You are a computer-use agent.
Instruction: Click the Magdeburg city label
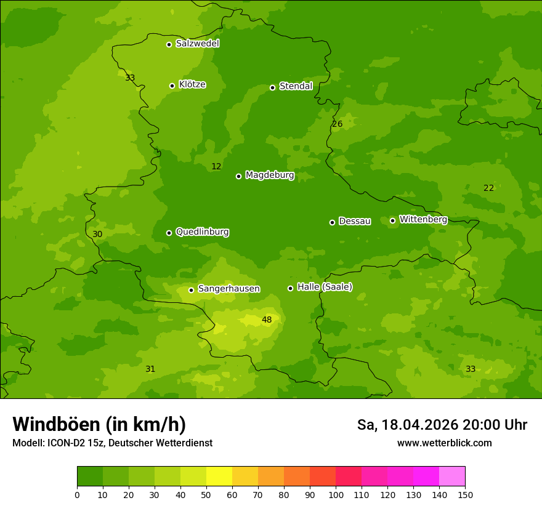click(x=270, y=175)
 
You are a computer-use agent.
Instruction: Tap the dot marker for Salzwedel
click(x=169, y=44)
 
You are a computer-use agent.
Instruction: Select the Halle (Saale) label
click(x=325, y=287)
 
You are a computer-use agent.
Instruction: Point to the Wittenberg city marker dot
click(x=392, y=220)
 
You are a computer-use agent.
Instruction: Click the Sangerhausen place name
click(x=229, y=289)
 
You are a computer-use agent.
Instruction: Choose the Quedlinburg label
click(x=202, y=232)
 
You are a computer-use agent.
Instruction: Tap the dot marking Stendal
click(x=272, y=87)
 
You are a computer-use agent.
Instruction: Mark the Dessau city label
click(x=355, y=221)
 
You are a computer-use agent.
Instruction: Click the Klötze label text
click(x=192, y=84)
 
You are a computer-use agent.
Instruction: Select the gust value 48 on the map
click(x=267, y=320)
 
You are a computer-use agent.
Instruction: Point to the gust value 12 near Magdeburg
click(x=216, y=166)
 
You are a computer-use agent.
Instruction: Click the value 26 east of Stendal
click(x=337, y=124)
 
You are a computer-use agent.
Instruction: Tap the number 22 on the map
click(x=488, y=188)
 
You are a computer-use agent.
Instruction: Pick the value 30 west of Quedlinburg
click(x=97, y=234)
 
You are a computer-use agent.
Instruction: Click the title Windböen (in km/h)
click(x=99, y=424)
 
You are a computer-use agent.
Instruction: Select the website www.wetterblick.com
click(x=444, y=443)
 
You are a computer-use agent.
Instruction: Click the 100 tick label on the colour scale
click(x=336, y=494)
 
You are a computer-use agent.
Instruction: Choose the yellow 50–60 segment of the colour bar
click(x=219, y=477)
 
